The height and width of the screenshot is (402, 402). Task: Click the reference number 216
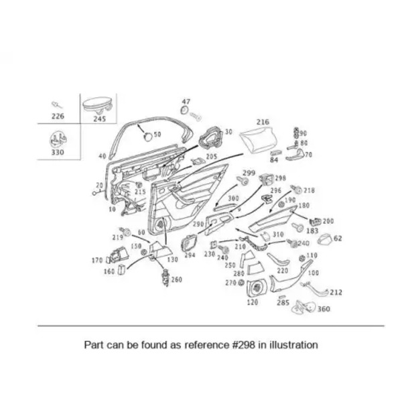(x=262, y=122)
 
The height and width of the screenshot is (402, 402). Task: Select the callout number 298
(x=280, y=178)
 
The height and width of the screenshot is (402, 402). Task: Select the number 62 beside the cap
(x=338, y=238)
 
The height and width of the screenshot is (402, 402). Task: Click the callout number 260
(x=176, y=279)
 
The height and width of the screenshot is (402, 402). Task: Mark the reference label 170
(x=96, y=260)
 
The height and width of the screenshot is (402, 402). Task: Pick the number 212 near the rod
(x=336, y=292)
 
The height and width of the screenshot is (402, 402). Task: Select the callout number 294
(x=190, y=255)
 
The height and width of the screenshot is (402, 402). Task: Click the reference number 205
(x=212, y=157)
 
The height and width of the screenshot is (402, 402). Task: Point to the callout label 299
(x=249, y=172)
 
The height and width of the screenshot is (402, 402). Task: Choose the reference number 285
(x=283, y=302)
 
